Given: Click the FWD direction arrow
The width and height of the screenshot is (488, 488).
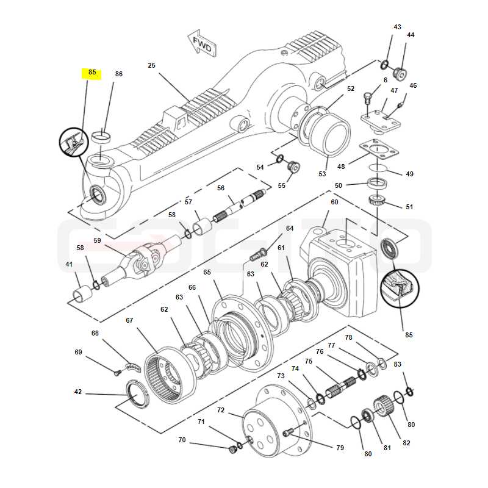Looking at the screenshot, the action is point(202,43).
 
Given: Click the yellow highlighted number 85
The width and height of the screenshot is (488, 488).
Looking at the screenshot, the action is point(92,73).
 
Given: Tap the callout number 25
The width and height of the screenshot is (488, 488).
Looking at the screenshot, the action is point(151,65).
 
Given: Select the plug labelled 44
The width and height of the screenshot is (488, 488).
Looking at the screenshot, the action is point(401,74).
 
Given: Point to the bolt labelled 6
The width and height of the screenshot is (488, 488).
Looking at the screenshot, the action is point(368,98).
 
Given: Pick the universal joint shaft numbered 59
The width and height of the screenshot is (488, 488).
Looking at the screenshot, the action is point(142,261).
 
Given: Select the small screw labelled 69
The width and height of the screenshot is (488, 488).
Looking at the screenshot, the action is point(117,373).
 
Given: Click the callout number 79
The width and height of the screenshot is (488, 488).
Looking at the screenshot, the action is point(340,448).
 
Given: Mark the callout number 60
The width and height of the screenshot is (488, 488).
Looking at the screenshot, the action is point(334,202).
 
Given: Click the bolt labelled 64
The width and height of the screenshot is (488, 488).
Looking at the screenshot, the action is point(258,254).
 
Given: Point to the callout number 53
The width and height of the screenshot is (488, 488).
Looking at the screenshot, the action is point(322,174).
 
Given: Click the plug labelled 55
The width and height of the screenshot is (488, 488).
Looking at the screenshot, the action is point(293,167).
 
